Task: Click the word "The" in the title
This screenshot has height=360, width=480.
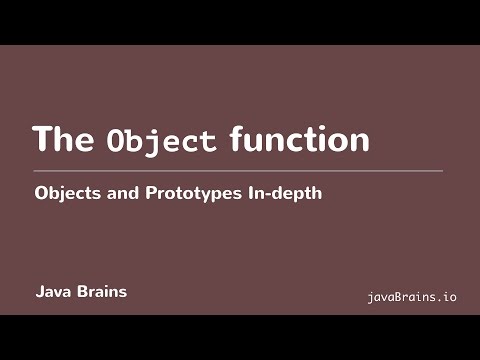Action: click(65, 139)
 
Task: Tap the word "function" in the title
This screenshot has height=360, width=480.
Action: click(299, 139)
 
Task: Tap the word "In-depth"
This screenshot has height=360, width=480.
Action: click(283, 195)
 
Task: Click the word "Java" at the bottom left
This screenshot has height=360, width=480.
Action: click(53, 293)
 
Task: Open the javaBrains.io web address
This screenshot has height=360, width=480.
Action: click(412, 297)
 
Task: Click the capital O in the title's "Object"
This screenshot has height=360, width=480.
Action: click(114, 141)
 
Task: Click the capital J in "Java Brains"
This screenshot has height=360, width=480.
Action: click(39, 293)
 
